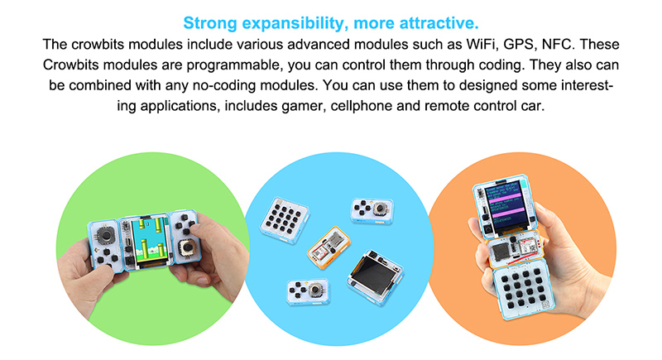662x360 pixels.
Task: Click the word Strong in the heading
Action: click(x=210, y=23)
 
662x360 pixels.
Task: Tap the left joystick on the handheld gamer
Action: click(x=106, y=234)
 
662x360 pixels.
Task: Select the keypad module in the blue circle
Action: click(x=285, y=219)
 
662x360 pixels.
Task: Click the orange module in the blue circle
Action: click(x=329, y=247)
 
